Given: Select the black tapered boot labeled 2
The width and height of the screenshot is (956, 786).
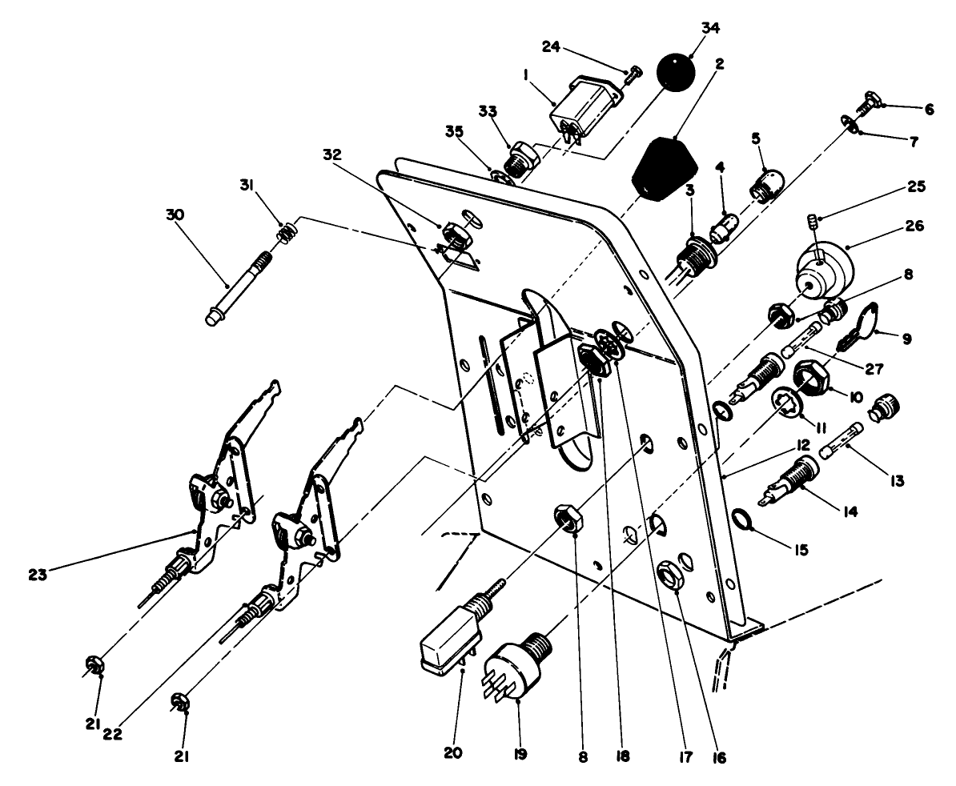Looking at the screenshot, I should coord(662,168).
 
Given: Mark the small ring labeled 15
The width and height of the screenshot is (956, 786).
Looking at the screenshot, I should coord(746,521).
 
